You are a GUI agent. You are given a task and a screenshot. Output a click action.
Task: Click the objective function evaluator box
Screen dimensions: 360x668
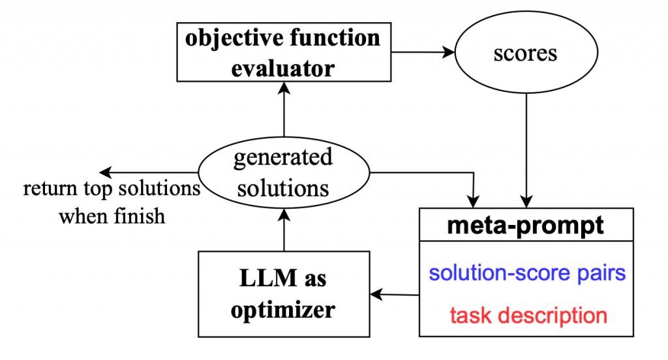(282, 52)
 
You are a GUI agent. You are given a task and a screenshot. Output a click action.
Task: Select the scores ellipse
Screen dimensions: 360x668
(526, 52)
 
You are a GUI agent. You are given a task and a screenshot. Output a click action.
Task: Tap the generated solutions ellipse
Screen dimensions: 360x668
(283, 173)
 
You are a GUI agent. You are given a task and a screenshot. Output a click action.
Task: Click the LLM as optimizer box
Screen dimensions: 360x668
(284, 294)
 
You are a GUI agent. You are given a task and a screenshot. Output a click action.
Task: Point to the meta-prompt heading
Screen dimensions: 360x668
(525, 226)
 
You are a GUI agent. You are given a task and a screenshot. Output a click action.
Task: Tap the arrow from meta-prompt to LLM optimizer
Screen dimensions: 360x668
(395, 295)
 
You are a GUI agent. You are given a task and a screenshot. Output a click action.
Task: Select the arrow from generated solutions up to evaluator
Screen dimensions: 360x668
(284, 114)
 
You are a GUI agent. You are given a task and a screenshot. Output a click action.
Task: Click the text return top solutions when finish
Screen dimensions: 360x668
(112, 202)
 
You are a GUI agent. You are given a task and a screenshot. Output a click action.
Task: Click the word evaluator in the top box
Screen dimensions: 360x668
(282, 67)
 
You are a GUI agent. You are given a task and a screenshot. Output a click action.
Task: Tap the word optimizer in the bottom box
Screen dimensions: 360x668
(284, 309)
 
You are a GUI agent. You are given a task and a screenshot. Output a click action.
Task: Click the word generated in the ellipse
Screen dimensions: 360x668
(283, 158)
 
